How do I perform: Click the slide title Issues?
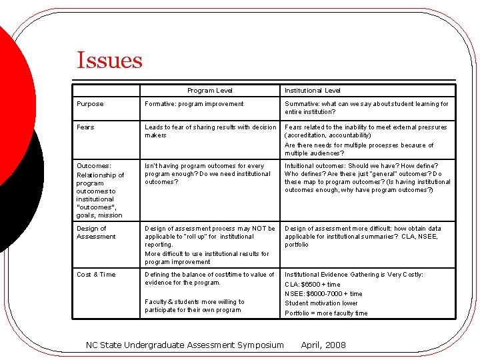tap(109, 61)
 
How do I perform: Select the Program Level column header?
tap(210, 91)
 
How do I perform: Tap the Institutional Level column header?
tap(313, 91)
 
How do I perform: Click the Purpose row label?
tap(90, 104)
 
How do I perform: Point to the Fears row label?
tap(85, 127)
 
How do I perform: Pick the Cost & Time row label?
tap(96, 275)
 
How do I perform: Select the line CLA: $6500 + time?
tap(313, 285)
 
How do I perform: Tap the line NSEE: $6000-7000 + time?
tap(324, 294)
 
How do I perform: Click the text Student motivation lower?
tap(321, 304)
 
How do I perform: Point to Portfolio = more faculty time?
tap(326, 313)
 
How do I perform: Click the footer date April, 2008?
tap(323, 345)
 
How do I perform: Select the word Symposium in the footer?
tap(257, 345)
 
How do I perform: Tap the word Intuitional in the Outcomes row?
tap(301, 166)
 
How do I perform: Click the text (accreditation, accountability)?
tap(328, 135)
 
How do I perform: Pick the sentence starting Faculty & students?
tap(195, 306)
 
